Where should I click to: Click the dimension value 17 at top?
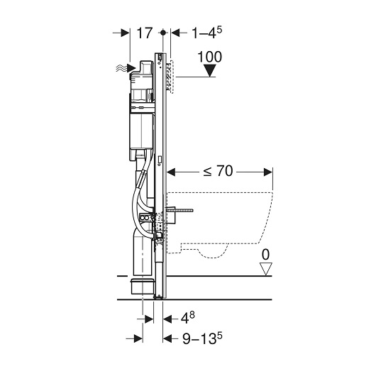click(144, 33)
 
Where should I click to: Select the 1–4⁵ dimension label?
click(207, 33)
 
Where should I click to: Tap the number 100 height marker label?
click(209, 57)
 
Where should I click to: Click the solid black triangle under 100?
click(210, 70)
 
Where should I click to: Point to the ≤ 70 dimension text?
click(218, 171)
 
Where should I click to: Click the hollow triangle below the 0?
click(266, 269)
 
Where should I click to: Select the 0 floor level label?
click(265, 255)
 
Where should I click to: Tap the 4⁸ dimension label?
click(187, 318)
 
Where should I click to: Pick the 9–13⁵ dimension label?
click(202, 338)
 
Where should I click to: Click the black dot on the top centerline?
click(163, 33)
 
